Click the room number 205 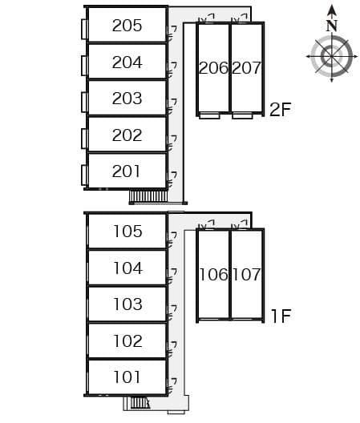point(127,26)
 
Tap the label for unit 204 point(127,62)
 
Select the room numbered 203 point(127,99)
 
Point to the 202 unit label point(127,135)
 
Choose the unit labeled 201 point(126,171)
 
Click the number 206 point(213,68)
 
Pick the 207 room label point(246,68)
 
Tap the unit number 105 point(127,232)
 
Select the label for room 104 point(127,268)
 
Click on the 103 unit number point(127,304)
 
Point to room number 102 point(127,341)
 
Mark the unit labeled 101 point(127,377)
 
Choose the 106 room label point(213,274)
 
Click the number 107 point(246,274)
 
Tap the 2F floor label point(281,109)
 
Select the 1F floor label point(281,316)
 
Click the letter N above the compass point(332,26)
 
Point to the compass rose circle point(332,57)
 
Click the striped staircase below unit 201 point(148,195)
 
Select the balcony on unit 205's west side point(84,29)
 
